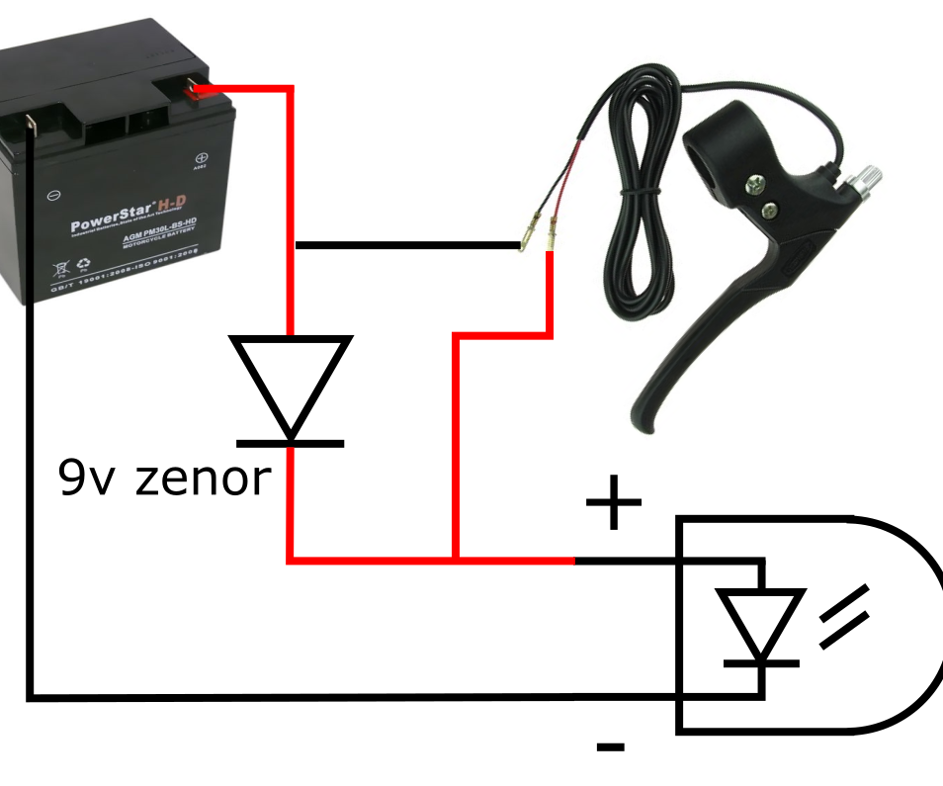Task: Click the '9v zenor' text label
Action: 164,478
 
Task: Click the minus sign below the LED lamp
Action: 610,746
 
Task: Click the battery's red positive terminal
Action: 200,92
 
